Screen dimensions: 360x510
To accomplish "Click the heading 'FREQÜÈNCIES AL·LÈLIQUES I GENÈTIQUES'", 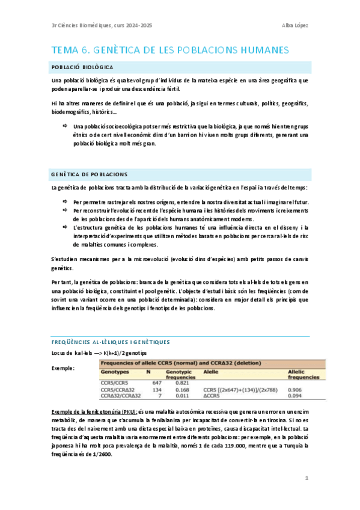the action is [x=111, y=341].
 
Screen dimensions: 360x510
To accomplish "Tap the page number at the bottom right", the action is [x=307, y=478].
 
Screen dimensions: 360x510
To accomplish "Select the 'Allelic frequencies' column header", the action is [x=304, y=374].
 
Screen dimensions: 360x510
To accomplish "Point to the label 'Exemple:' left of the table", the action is [x=63, y=368].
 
